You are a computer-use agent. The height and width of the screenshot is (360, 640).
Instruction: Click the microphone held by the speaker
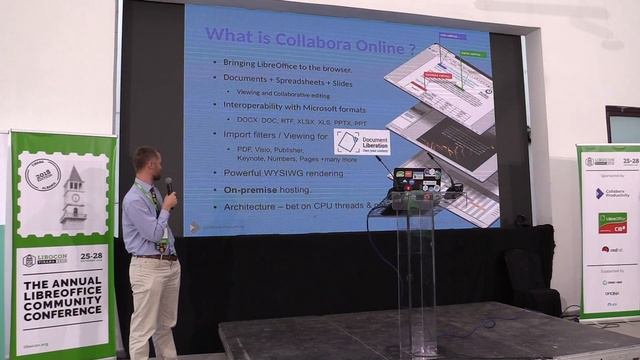coord(169,186)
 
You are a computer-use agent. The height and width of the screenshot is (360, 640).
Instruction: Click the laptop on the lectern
coord(417,180)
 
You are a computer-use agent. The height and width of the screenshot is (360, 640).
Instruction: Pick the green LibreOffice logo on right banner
coord(612,221)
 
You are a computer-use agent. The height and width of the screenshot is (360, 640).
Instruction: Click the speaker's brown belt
coord(154,257)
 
